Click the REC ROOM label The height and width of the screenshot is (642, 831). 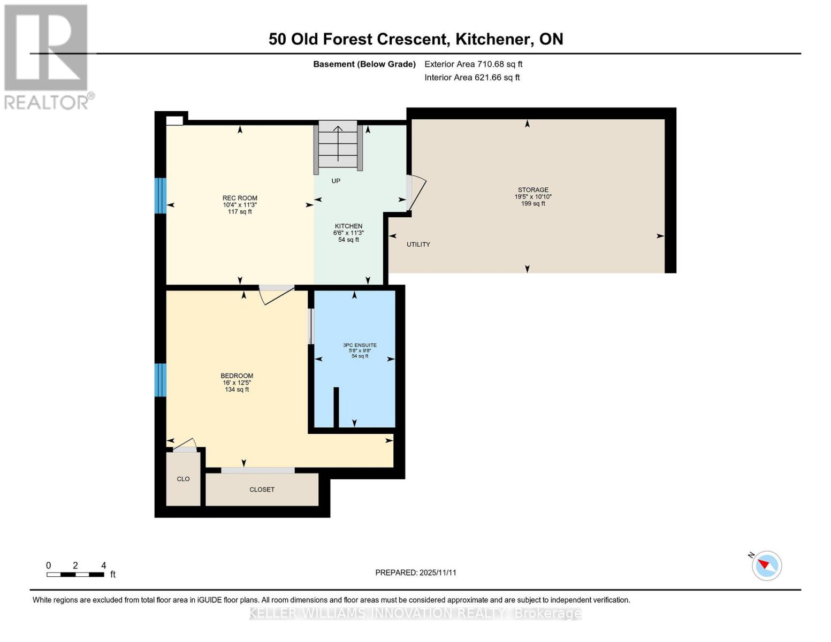click(x=240, y=198)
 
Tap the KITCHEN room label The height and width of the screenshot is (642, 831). click(x=348, y=226)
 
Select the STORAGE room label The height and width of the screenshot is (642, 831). click(x=533, y=190)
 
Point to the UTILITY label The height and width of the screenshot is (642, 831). click(x=418, y=244)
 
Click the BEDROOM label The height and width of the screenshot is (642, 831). click(x=237, y=376)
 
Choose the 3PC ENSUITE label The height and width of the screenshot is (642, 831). click(x=360, y=346)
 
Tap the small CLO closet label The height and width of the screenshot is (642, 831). click(x=183, y=479)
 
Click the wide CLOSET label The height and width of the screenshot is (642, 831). click(x=262, y=490)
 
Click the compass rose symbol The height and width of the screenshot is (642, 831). click(x=766, y=565)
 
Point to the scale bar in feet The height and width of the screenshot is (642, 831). click(x=75, y=575)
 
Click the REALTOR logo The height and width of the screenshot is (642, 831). click(x=47, y=56)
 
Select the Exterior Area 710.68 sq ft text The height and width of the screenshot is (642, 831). click(x=473, y=64)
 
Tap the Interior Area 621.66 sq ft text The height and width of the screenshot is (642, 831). click(x=472, y=78)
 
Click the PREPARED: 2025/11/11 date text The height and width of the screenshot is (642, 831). click(x=416, y=572)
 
